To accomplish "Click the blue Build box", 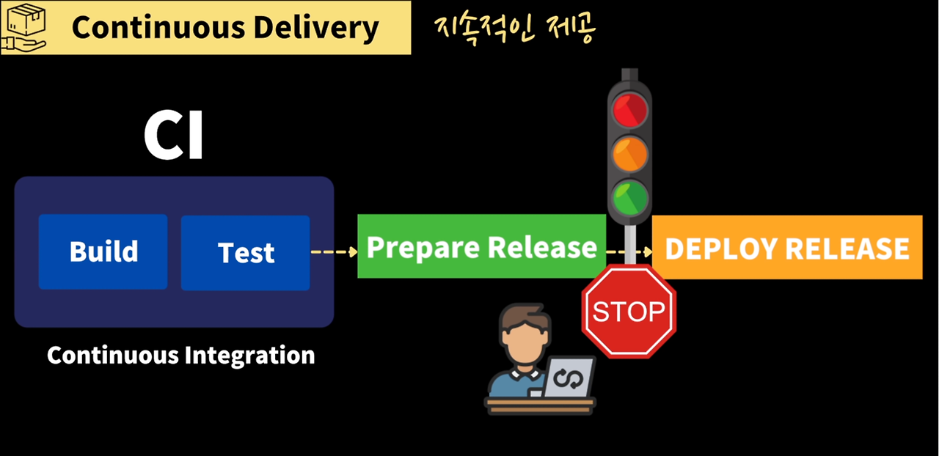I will click(103, 251).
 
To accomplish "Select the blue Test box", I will click(245, 252).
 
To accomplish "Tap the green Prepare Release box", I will click(481, 247).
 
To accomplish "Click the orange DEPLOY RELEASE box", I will click(786, 248).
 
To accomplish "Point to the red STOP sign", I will click(629, 312).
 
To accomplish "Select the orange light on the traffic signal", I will click(629, 155).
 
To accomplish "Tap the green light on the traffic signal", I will click(629, 197).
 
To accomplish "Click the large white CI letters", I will click(173, 137).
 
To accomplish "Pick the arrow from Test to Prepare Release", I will click(334, 251).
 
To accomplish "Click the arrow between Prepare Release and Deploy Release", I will click(629, 251).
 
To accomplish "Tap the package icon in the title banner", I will click(24, 26).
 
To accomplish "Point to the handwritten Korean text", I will click(514, 29).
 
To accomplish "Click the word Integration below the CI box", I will click(249, 356).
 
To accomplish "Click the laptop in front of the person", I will click(569, 378).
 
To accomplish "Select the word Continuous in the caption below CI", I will click(113, 356).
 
